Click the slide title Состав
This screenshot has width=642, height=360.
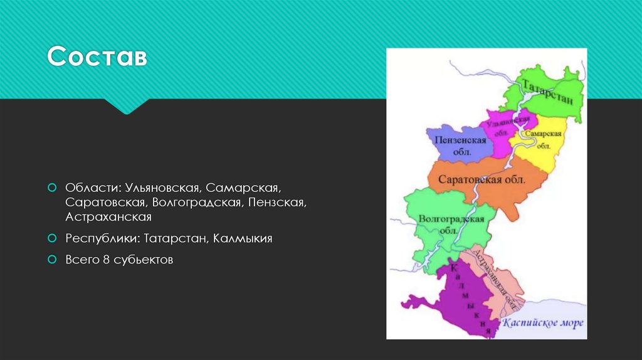pos(97,57)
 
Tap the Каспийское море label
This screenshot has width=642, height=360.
pos(543,324)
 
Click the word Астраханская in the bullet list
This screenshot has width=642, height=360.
pos(108,217)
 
